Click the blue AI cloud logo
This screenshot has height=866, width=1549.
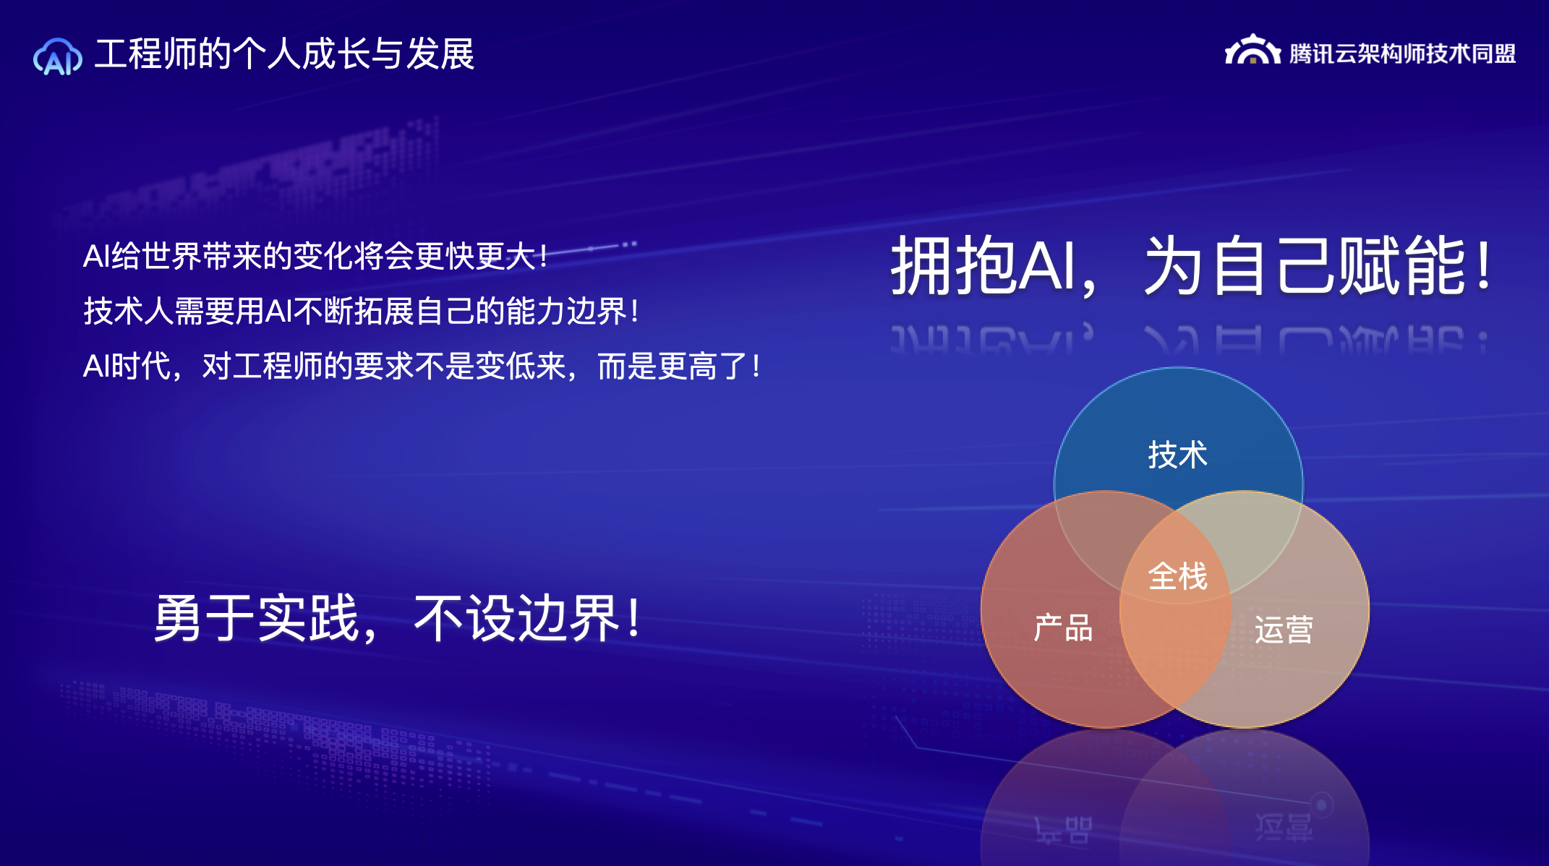(58, 56)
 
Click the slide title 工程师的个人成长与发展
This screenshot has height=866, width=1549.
(284, 54)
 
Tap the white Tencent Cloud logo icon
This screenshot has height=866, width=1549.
(1253, 50)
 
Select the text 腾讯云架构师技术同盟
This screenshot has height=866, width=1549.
(1402, 53)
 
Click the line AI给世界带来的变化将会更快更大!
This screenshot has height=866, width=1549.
(315, 256)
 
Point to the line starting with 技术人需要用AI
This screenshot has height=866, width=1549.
(361, 312)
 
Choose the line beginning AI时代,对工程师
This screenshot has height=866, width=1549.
(422, 366)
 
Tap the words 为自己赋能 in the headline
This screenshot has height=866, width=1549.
(1305, 265)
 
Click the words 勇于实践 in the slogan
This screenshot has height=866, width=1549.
(257, 618)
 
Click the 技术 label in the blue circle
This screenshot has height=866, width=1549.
(1178, 455)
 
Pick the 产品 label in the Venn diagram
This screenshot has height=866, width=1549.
(1063, 627)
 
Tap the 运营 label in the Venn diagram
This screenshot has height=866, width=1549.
(1284, 630)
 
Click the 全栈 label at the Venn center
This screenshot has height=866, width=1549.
(1178, 576)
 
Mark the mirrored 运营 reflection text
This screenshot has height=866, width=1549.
(1284, 827)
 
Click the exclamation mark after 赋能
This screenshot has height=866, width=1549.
(1484, 265)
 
